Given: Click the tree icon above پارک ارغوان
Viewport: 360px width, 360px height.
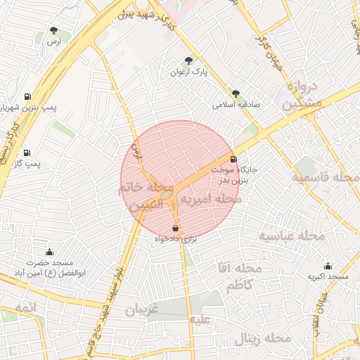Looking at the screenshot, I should pos(188,60).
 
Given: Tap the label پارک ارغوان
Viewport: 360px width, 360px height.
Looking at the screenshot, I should pos(188,72).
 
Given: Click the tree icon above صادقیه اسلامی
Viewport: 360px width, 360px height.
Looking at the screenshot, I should pos(236,93).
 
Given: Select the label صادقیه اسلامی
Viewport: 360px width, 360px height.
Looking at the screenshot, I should pos(237,105).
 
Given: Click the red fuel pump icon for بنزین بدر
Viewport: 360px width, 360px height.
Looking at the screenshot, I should pos(233,159).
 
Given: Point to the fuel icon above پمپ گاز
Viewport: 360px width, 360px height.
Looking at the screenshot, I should pos(27,153).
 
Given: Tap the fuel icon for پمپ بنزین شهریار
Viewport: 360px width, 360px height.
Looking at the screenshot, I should pos(27,96).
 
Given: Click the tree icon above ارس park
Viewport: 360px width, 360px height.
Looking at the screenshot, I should pos(54,30).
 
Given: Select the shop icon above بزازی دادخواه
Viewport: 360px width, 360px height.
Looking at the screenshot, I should pos(175,228).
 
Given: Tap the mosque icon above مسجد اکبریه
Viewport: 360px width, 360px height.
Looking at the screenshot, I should pos(328,266).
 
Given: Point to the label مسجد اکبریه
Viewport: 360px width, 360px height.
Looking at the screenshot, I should pos(328,278).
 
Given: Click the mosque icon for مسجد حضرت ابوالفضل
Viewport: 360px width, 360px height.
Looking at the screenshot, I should pos(49,252).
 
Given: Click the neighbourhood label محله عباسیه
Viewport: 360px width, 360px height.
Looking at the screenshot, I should pos(292,236).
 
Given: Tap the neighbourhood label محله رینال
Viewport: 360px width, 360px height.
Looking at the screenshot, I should pos(259,338).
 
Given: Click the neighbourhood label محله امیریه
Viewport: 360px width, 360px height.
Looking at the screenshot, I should pos(211,200).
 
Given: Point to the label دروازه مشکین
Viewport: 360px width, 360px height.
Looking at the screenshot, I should pos(304,95).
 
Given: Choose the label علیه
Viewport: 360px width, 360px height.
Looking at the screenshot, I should pos(200,319).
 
